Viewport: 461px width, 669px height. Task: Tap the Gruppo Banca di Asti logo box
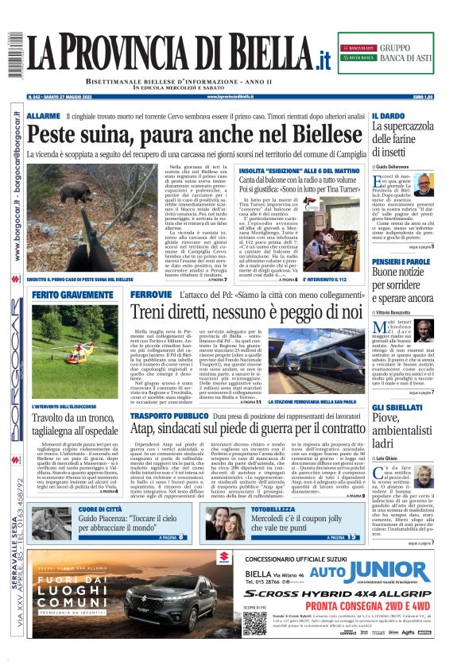393,54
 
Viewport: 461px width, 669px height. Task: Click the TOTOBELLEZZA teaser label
273,509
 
